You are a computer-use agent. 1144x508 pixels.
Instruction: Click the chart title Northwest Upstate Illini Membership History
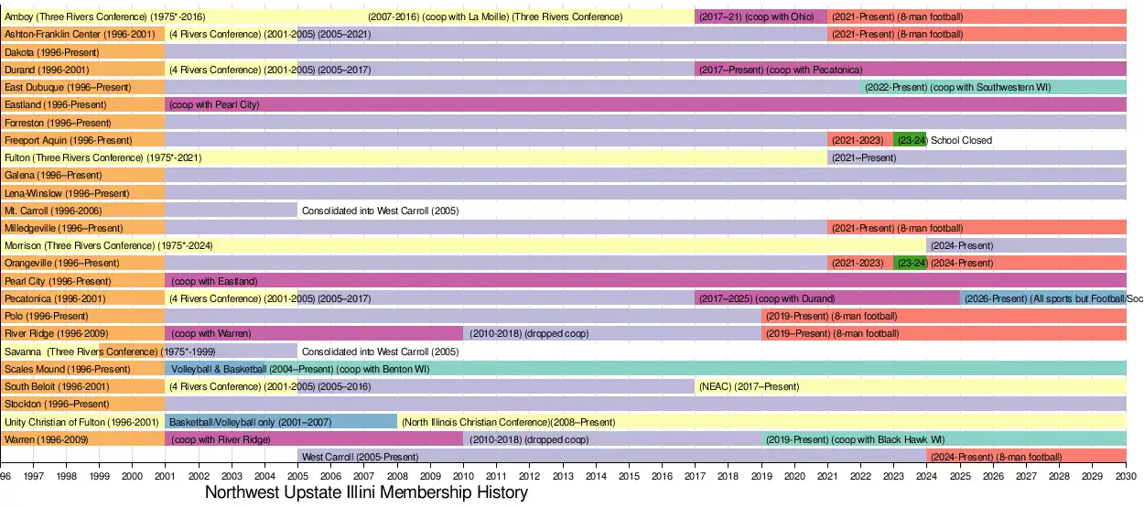click(x=366, y=492)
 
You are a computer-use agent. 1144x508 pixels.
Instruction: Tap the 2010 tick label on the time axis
click(x=463, y=476)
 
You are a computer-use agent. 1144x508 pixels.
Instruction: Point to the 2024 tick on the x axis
click(x=927, y=476)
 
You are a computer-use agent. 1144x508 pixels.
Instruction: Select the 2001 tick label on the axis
click(x=165, y=476)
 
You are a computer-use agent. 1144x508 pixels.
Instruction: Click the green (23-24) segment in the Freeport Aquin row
click(x=910, y=140)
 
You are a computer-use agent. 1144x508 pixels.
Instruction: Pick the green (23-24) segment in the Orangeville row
click(x=910, y=263)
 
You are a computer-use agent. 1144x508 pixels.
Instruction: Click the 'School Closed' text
click(x=961, y=140)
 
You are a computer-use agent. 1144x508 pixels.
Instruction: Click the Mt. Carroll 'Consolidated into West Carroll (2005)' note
click(x=380, y=211)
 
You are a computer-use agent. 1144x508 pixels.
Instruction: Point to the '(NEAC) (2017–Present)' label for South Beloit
click(x=749, y=386)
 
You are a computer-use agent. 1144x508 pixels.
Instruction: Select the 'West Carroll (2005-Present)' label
click(x=360, y=456)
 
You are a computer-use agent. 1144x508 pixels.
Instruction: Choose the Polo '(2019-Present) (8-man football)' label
click(x=831, y=316)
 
